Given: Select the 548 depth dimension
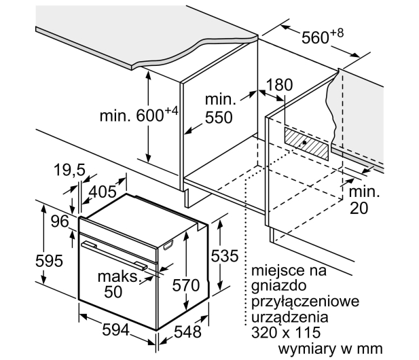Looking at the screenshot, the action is (187, 332).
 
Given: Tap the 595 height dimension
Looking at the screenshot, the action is (49, 261).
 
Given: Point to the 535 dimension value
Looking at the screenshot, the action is (225, 256).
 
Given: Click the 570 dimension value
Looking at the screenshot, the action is (186, 285).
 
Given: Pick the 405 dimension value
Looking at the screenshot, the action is (103, 192).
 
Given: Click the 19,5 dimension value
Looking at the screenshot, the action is (69, 170).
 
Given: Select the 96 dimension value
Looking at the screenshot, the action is (60, 221).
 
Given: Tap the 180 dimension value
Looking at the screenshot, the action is (280, 85).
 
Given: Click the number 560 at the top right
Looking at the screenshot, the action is (315, 37).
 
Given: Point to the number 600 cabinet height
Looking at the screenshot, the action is (150, 115).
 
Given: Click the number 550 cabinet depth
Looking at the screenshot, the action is (219, 118).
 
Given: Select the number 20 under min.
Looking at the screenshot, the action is (359, 209).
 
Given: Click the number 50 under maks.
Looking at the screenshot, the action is (113, 291).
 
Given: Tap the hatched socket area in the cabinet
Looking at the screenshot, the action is (306, 144).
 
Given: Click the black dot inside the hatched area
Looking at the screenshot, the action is (304, 143).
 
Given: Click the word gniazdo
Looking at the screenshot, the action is (278, 287).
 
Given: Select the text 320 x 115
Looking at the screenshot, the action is (286, 332).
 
